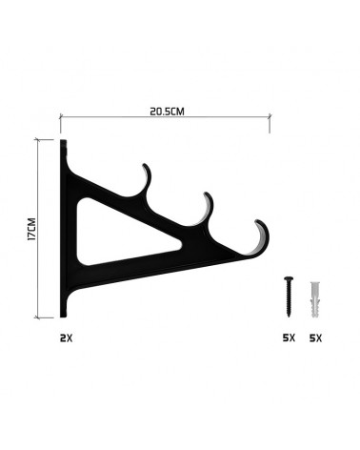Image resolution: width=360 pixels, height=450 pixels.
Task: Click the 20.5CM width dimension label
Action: [x=167, y=112]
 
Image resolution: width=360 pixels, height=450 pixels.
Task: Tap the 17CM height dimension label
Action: [x=32, y=229]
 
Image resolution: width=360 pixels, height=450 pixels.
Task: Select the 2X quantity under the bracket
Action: [x=67, y=338]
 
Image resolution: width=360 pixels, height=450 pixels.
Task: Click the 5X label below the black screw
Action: [x=289, y=337]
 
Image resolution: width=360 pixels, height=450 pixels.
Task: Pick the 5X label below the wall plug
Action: [x=315, y=338]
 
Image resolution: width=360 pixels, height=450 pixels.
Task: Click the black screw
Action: [x=289, y=297]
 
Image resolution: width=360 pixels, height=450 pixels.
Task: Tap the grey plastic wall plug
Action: [x=315, y=299]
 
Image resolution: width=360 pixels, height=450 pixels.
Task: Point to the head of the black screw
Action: [x=289, y=278]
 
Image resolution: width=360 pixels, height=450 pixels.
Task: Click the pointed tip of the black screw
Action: [x=289, y=317]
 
